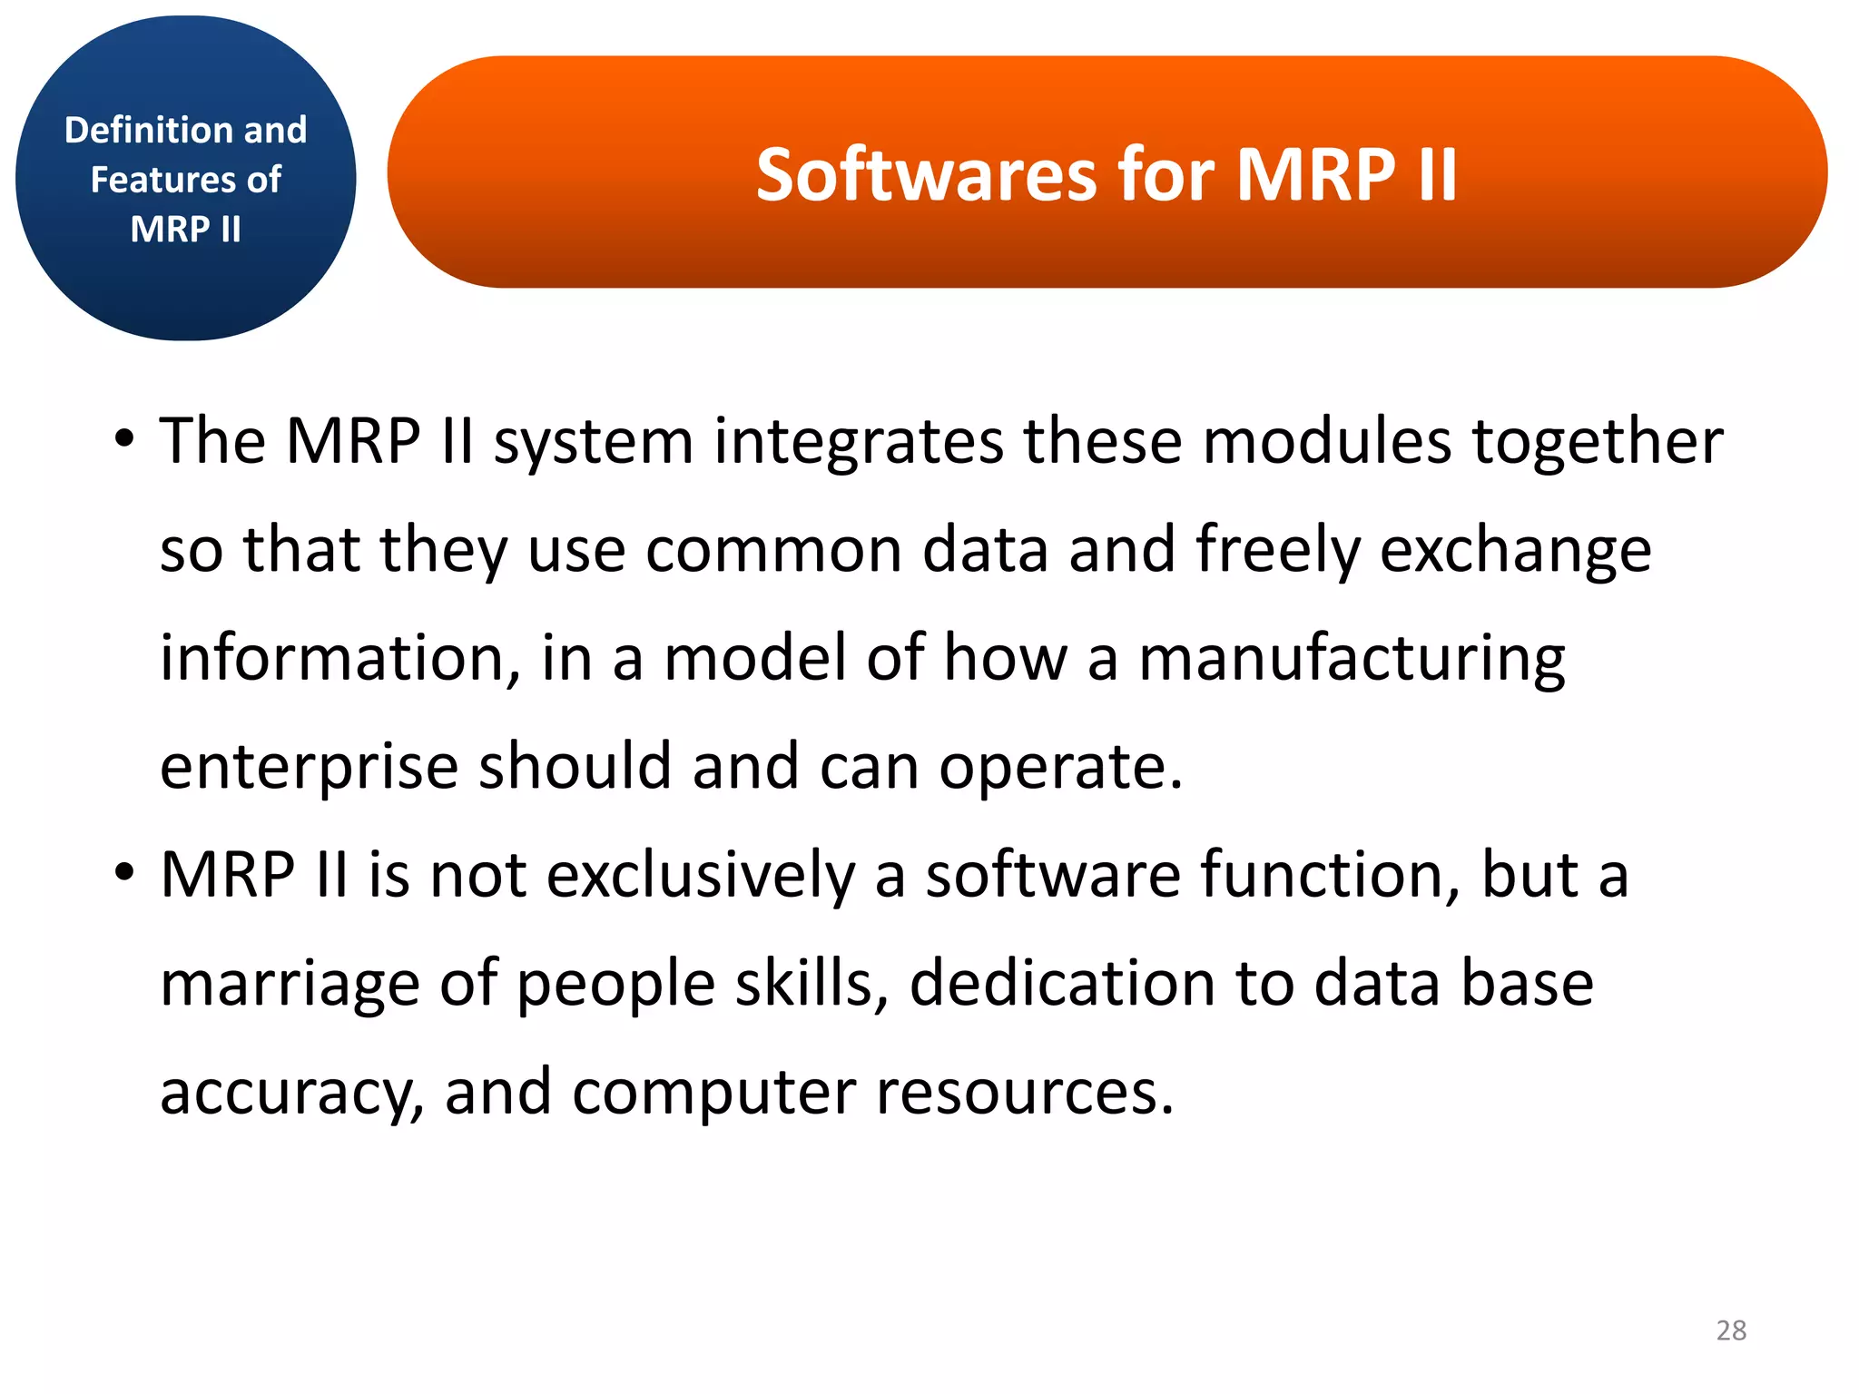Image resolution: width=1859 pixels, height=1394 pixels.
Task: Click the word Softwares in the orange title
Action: click(927, 174)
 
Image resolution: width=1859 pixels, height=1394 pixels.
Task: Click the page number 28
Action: click(1731, 1330)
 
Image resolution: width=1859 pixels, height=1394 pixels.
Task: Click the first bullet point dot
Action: click(124, 440)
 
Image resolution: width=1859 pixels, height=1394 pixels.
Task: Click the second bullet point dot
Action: click(124, 874)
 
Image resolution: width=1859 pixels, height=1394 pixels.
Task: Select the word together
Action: click(1598, 442)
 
